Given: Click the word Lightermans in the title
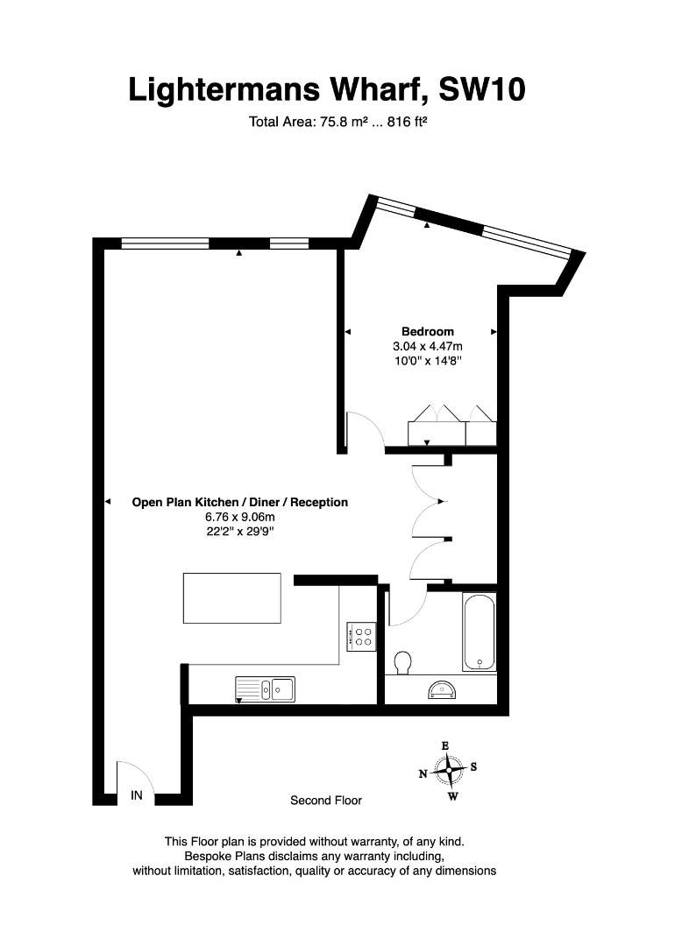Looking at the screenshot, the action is [x=224, y=90].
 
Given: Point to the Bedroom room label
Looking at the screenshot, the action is [x=428, y=331].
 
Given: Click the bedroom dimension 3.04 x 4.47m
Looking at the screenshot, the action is [x=428, y=346].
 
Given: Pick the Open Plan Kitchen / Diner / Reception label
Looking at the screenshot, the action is [x=239, y=502].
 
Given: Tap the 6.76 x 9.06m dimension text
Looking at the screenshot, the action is [x=239, y=517].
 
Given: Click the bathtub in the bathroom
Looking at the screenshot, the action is [x=480, y=632].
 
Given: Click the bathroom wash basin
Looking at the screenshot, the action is [x=443, y=689].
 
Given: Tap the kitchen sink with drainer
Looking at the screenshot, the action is [x=265, y=689].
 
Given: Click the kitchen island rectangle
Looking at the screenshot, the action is [x=231, y=598].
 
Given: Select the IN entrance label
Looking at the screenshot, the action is [x=137, y=795].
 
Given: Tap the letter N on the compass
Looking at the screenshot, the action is [x=423, y=774].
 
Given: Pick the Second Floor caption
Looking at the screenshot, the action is [x=326, y=800].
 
